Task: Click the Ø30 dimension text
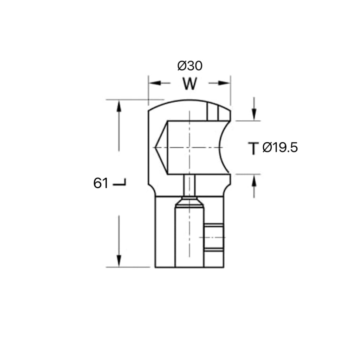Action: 190,66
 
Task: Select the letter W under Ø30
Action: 189,83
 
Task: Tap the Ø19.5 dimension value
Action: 280,148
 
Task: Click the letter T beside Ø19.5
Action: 253,148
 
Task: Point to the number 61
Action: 101,184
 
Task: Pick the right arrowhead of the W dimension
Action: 224,83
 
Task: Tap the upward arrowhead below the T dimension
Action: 254,180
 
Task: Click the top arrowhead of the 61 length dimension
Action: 119,106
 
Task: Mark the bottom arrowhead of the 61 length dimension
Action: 119,261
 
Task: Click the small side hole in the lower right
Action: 213,237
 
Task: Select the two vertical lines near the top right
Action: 213,112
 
